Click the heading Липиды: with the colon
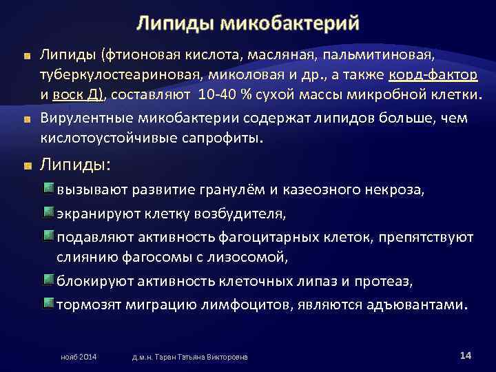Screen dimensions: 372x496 (76, 165)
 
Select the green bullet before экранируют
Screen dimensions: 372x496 (48, 213)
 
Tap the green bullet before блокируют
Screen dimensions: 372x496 (48, 281)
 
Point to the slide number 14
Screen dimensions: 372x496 (464, 355)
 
